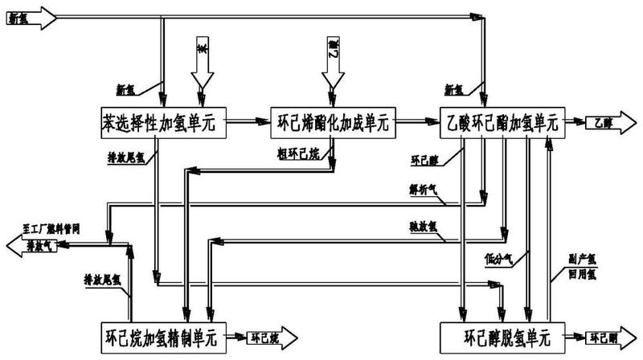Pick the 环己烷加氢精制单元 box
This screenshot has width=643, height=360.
166,334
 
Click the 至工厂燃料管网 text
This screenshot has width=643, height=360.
53,228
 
